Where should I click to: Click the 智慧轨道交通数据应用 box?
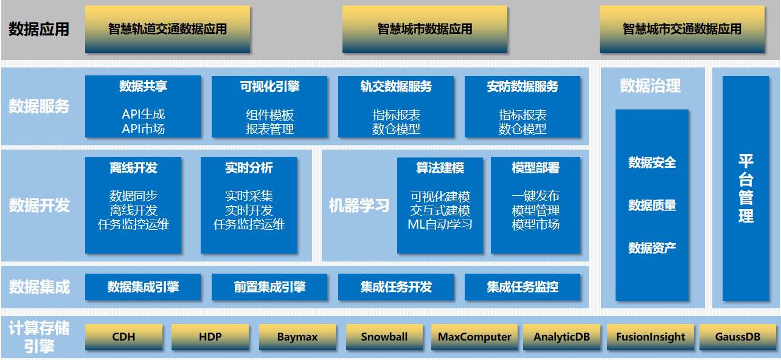click(167, 29)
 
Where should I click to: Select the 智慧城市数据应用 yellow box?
click(425, 29)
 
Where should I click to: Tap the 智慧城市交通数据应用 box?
click(682, 29)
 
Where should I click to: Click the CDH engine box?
click(123, 337)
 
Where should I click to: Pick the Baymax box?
click(297, 337)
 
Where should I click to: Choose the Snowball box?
click(384, 337)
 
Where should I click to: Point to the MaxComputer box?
click(474, 337)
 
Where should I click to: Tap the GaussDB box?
click(738, 337)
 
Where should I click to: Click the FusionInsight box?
click(650, 337)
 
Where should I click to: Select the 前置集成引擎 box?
click(269, 287)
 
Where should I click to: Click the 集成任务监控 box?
click(522, 287)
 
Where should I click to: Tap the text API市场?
click(144, 129)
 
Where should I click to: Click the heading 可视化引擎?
click(269, 86)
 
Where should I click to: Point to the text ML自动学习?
click(440, 224)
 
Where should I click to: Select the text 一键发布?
click(535, 196)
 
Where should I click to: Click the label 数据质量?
click(652, 206)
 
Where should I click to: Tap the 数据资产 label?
click(652, 247)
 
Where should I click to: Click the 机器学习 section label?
click(359, 206)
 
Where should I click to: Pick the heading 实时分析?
click(249, 168)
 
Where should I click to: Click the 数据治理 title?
click(650, 86)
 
